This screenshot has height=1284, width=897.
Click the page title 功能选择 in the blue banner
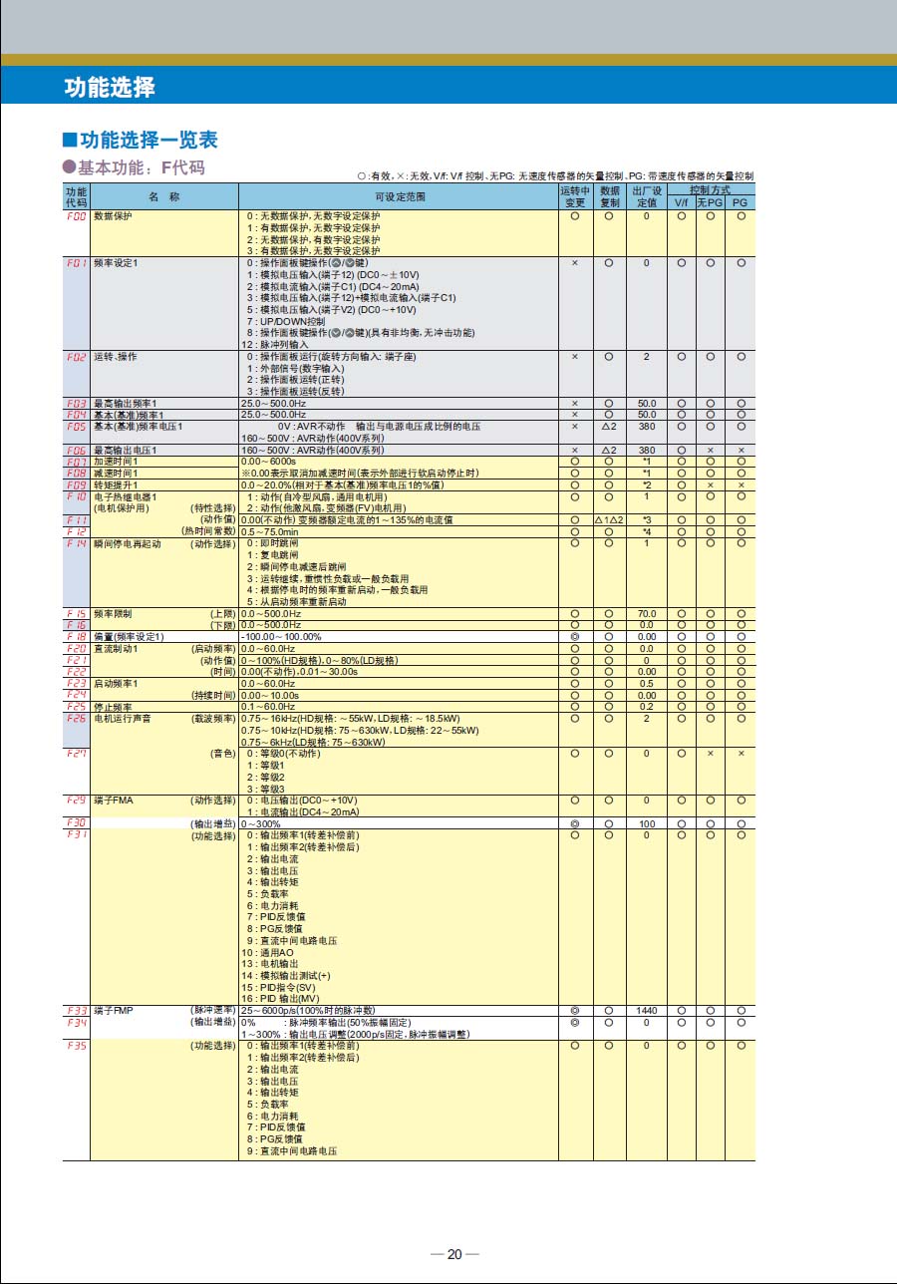(110, 87)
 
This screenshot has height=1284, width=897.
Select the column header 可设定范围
(399, 196)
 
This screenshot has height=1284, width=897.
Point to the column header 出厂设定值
(647, 196)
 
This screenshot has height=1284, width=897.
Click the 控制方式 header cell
(710, 189)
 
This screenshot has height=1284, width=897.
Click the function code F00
(76, 215)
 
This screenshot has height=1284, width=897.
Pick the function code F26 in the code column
(76, 718)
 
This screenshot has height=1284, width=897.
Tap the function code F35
(76, 1046)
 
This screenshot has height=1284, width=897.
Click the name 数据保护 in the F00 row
(113, 215)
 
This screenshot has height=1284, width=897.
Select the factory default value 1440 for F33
(647, 1011)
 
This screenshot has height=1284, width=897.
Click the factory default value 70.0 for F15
(647, 613)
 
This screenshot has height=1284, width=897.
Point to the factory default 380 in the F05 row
(647, 426)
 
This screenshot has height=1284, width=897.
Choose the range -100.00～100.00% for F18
(282, 636)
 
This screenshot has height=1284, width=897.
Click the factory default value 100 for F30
(647, 823)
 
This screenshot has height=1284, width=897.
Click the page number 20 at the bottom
(454, 1254)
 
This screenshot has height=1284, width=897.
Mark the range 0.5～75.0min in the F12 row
(270, 531)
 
